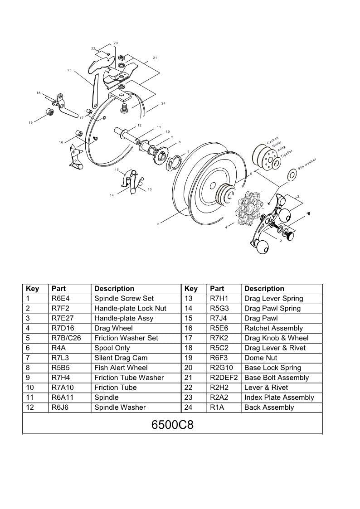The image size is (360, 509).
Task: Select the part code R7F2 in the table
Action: (x=59, y=308)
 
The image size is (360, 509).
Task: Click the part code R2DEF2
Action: (x=224, y=378)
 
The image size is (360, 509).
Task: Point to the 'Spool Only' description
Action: (x=112, y=348)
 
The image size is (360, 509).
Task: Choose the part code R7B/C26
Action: (x=66, y=338)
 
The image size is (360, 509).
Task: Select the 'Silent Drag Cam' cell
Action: (x=121, y=358)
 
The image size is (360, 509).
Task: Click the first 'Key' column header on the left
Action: (x=33, y=289)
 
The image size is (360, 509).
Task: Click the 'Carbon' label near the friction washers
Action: (x=272, y=141)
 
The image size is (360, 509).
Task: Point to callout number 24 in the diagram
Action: (x=163, y=104)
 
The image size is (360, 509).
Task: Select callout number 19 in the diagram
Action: (x=30, y=122)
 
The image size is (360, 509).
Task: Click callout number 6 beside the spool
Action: (x=158, y=223)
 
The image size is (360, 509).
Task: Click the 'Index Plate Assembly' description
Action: (x=279, y=398)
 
